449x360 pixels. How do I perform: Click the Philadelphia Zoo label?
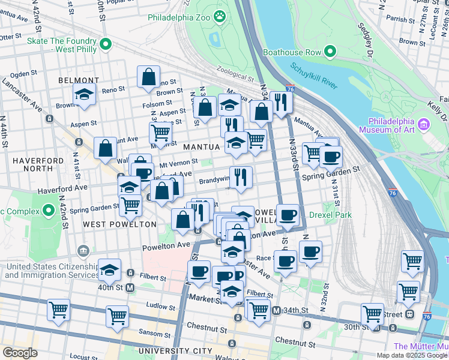click(179, 17)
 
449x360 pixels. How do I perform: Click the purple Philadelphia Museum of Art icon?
click(424, 124)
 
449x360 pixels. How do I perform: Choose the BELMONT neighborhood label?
click(79, 80)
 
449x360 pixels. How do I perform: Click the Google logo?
click(20, 352)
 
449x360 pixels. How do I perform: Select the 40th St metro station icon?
click(129, 287)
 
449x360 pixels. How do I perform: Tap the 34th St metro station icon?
click(276, 310)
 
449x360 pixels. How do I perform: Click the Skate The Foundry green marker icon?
click(106, 44)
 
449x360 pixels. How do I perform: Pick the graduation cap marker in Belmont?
click(85, 94)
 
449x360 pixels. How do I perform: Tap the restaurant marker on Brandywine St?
click(241, 176)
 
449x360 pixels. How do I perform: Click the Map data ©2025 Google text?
click(412, 355)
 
